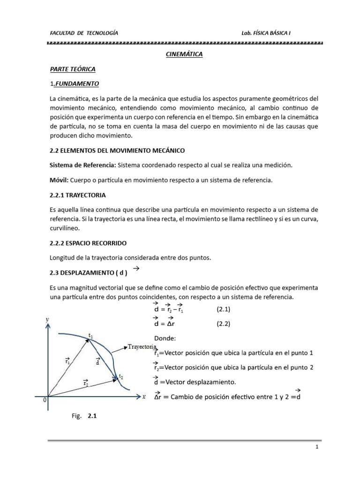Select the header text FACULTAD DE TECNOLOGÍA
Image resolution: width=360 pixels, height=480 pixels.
click(x=84, y=33)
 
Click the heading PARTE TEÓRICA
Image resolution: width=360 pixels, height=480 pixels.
click(x=73, y=69)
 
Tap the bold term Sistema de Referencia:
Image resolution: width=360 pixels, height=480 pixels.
click(x=82, y=165)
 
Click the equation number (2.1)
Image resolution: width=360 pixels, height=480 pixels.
click(x=224, y=309)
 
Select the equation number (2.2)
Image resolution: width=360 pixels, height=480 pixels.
click(x=224, y=323)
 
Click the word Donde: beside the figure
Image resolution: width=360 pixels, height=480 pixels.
click(x=165, y=338)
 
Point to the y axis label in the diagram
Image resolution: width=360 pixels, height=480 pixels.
click(x=48, y=319)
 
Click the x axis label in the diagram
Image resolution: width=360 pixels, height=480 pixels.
click(x=144, y=396)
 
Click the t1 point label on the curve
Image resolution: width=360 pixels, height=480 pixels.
click(x=91, y=335)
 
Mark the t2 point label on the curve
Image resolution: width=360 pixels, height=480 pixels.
click(x=121, y=376)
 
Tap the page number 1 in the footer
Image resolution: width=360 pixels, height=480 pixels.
click(x=317, y=447)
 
